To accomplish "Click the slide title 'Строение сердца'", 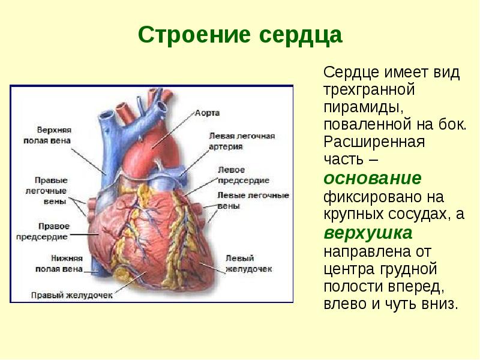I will point(240,35).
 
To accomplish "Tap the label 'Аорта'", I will point(208,112).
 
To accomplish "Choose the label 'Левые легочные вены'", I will point(253,200).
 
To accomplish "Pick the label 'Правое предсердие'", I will point(55,231).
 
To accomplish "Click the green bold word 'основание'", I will point(372,178).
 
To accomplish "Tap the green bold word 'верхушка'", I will point(368,232).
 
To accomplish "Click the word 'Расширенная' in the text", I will point(374,143).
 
